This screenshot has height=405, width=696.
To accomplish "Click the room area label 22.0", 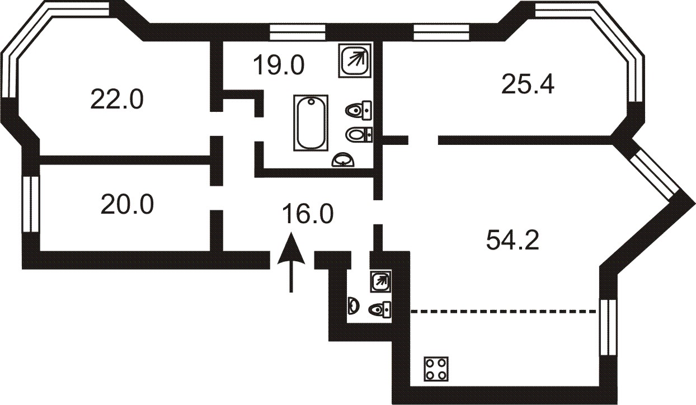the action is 117,99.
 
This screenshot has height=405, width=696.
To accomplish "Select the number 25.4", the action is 528,84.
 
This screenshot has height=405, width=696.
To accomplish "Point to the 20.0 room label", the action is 127,204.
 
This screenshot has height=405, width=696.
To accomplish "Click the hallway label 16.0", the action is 308,213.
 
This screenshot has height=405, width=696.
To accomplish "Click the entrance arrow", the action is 291,262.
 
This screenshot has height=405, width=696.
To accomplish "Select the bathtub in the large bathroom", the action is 311,123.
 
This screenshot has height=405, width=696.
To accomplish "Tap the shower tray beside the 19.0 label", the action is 355,60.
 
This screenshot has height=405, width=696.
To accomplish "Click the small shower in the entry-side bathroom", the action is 380,281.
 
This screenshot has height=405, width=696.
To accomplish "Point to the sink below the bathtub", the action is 343,160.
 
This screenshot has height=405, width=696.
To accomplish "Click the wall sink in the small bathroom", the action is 353,305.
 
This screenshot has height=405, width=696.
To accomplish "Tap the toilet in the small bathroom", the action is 380,309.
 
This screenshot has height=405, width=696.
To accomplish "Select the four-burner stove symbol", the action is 436,369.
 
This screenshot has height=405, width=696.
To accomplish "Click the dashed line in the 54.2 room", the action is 504,311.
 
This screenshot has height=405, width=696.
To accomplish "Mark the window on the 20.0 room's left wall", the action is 31,204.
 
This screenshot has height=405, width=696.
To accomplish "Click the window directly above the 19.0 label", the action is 297,32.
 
